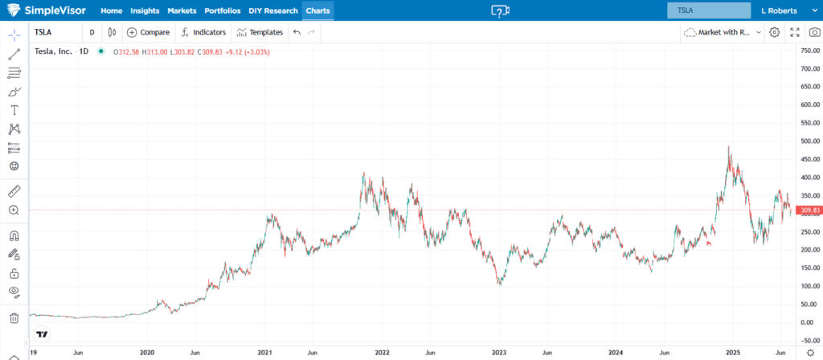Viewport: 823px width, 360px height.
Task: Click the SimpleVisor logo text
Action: (x=60, y=11)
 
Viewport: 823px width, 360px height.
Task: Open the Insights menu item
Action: (x=145, y=11)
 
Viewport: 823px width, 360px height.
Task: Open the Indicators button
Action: (x=203, y=32)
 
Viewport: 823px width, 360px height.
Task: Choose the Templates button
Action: (x=260, y=32)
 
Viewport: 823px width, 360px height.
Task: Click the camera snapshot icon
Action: (x=814, y=32)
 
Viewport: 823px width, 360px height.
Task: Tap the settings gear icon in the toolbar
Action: (x=774, y=32)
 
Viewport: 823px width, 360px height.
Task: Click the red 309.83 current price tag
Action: (x=807, y=211)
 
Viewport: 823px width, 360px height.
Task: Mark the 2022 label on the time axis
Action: (x=383, y=353)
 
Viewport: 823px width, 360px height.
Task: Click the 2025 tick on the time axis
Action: (x=733, y=353)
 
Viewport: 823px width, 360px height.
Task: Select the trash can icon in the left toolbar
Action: (x=14, y=318)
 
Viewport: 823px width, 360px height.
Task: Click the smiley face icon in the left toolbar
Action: (x=14, y=166)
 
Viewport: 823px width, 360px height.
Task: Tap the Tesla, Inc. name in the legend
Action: (x=55, y=51)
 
